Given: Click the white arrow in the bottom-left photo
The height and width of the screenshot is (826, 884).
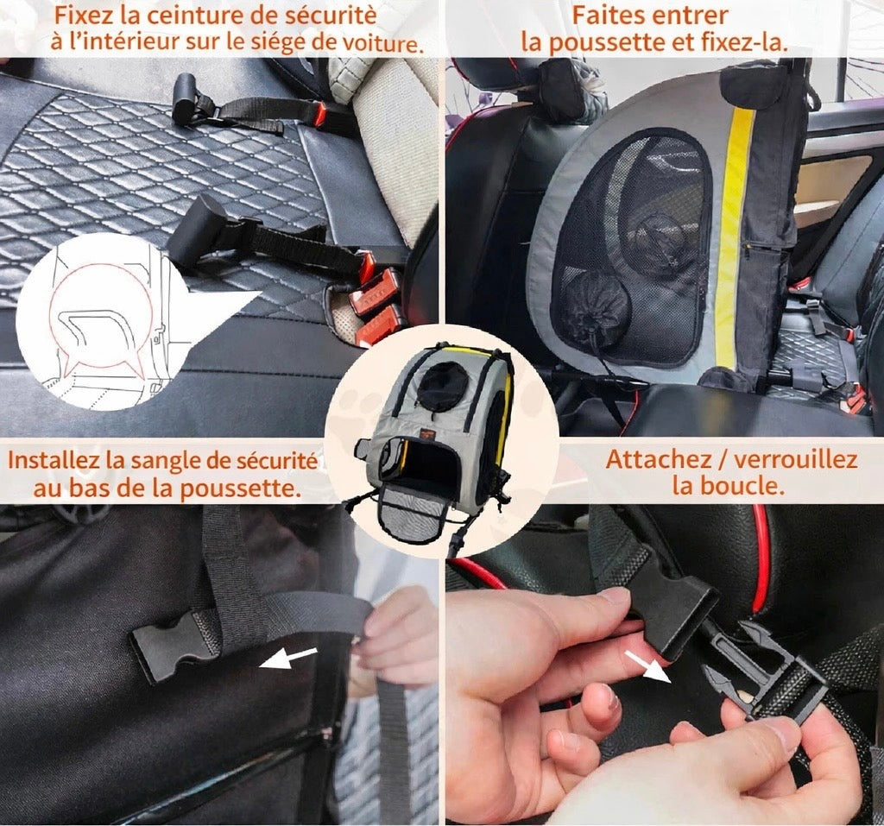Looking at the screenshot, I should pos(288,658).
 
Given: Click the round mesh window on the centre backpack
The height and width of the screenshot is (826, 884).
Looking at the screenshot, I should pos(442,387).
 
